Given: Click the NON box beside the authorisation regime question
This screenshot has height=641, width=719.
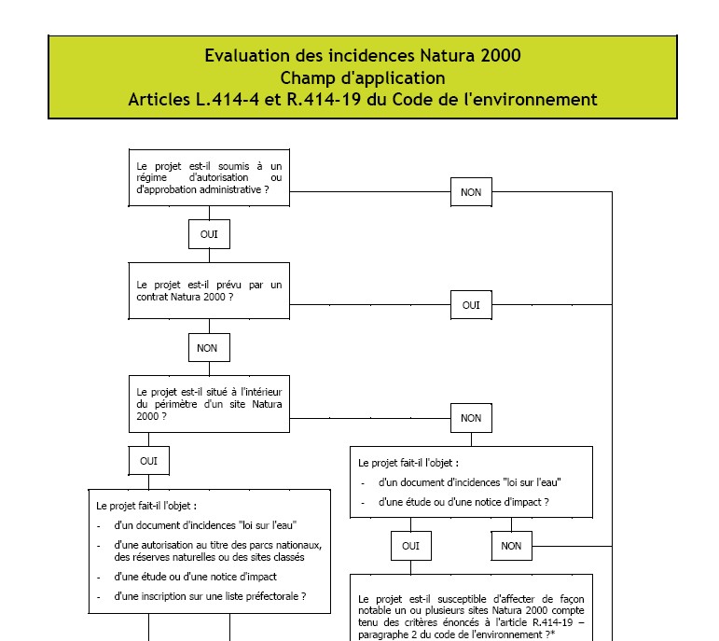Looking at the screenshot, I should tap(471, 192).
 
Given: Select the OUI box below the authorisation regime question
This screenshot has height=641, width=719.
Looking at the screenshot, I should tap(209, 234).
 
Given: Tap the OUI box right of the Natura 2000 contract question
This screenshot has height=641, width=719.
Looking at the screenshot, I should tap(471, 305).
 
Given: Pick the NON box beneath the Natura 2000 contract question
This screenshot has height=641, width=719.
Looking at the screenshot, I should tap(209, 348).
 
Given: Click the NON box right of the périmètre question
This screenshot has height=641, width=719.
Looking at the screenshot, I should tap(471, 418).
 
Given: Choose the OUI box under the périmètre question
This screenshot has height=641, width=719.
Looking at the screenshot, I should tap(148, 461).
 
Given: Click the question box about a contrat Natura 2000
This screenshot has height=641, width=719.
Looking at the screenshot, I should tap(209, 291).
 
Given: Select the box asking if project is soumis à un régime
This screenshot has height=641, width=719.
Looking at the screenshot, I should tap(209, 177).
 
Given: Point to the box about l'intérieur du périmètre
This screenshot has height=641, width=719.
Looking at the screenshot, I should tap(209, 404).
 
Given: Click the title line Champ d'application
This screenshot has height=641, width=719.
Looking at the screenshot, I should tap(362, 77).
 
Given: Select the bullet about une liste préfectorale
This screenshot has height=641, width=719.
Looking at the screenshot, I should tap(210, 596).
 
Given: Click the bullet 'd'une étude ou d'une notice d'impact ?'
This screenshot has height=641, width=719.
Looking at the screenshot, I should tap(463, 502).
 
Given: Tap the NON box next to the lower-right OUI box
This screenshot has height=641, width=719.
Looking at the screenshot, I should tap(511, 546).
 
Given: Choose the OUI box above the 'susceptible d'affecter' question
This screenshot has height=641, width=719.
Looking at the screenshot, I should tap(410, 546).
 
